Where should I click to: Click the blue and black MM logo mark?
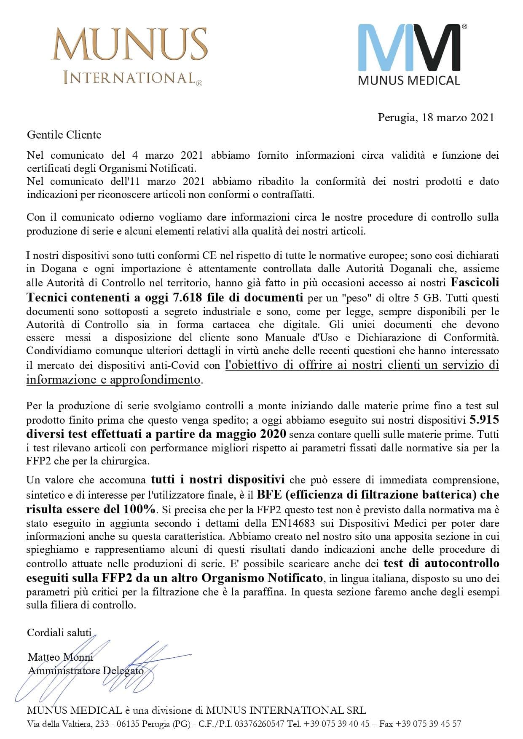409,47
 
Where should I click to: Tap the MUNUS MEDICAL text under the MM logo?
409,80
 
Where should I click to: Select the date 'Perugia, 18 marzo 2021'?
436,117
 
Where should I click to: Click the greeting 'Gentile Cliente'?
64,135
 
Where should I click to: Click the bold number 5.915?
484,420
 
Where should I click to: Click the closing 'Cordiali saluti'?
59,632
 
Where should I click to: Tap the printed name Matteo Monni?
60,657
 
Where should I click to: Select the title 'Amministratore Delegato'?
86,670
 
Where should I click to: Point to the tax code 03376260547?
259,724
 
